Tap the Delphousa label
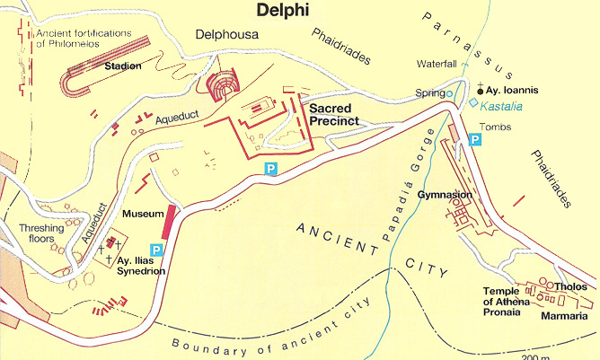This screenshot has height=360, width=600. pos(226,37)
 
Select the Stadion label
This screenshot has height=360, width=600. pos(122,66)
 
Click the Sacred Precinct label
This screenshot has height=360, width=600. pos(334,114)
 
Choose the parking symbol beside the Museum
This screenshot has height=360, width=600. pos(156,249)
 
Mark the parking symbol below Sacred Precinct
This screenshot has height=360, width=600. pos(270,168)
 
